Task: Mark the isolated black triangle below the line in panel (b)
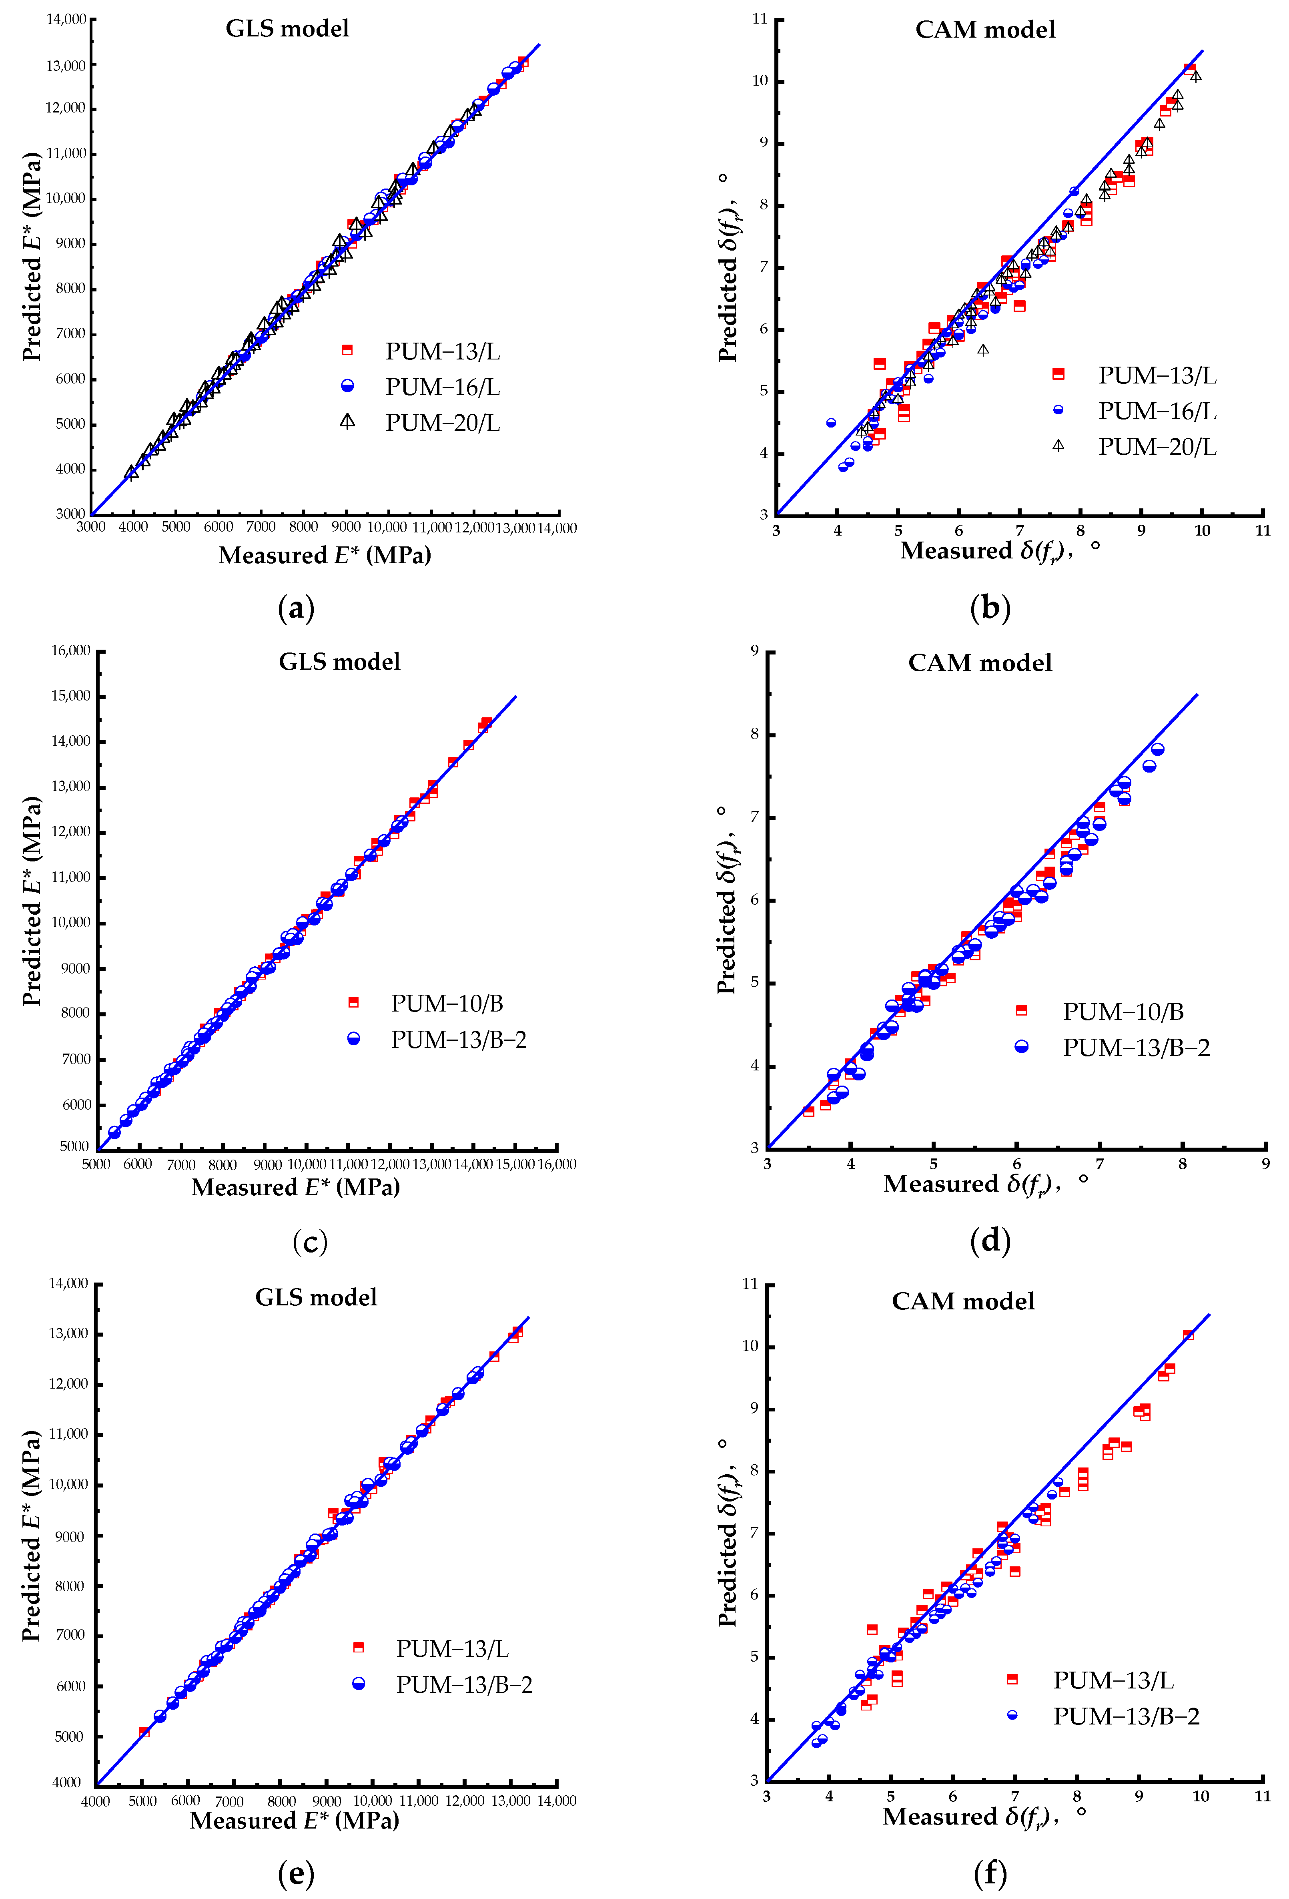(x=983, y=350)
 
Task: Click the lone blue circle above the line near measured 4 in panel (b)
(x=831, y=422)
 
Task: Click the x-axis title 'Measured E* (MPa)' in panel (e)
(x=294, y=1821)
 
